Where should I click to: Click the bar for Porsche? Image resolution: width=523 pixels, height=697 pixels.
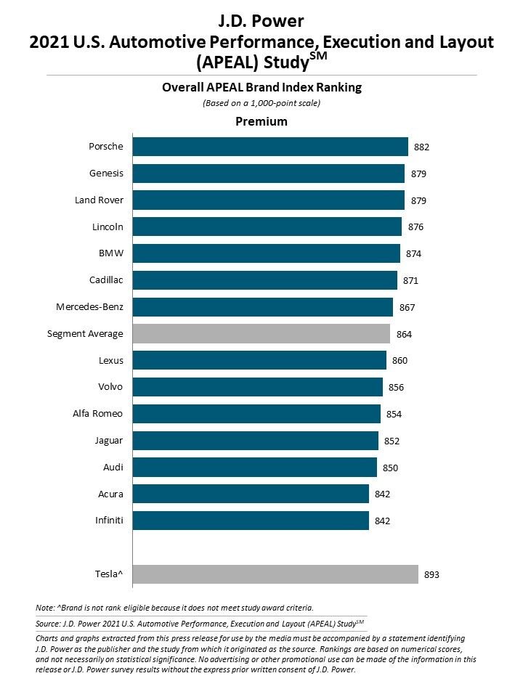269,147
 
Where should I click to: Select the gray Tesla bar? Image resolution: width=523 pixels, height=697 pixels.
275,574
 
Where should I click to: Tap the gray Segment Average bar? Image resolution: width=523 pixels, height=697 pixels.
261,334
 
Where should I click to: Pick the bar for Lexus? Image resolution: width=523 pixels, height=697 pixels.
259,361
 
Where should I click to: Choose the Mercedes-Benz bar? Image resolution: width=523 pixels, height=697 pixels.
262,307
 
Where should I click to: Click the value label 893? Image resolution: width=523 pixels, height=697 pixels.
431,575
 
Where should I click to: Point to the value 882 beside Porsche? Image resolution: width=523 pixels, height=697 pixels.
422,147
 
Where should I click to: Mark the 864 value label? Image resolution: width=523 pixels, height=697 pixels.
404,335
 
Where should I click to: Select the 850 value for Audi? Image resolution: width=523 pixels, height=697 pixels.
391,468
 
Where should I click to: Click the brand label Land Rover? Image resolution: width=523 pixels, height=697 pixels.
99,200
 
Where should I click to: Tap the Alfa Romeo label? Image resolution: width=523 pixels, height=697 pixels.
97,414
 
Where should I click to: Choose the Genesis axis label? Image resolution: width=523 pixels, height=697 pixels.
106,174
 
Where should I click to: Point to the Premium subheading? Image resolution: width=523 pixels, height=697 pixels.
261,121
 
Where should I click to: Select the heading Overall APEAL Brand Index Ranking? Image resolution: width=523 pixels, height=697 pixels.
261,88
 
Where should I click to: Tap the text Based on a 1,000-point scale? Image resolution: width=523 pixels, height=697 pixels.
261,103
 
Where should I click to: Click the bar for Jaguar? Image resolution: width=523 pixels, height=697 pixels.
255,441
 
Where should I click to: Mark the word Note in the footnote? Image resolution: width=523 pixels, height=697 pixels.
45,607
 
